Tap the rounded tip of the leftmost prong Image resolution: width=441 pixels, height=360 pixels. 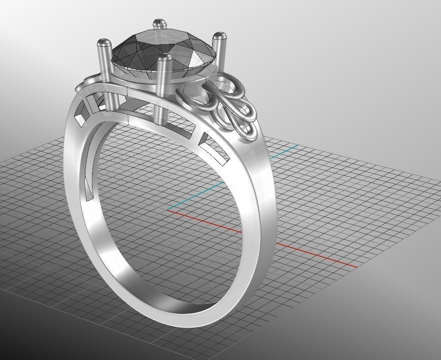point(104,43)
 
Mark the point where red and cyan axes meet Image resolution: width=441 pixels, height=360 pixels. point(169,209)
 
